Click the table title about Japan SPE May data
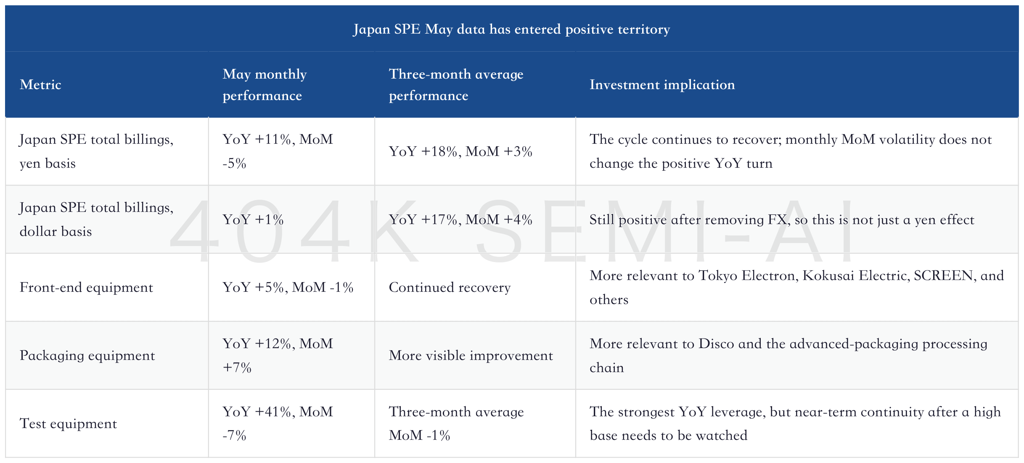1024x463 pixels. click(511, 29)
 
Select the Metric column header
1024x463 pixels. click(40, 85)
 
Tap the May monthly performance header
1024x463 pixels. click(265, 85)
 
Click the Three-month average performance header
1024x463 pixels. click(456, 85)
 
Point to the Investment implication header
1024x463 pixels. click(662, 85)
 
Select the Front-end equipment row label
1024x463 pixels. click(86, 287)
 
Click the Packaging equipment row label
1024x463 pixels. click(87, 355)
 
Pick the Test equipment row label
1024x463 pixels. click(68, 423)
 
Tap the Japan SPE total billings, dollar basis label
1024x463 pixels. click(96, 219)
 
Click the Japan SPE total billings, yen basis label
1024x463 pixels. click(96, 151)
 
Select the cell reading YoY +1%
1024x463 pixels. click(253, 220)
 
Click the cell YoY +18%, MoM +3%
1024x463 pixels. click(460, 151)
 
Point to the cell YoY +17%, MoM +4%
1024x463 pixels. click(460, 220)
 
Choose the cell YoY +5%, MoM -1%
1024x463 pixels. click(288, 287)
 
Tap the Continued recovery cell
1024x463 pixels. click(450, 287)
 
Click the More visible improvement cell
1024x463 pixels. click(471, 355)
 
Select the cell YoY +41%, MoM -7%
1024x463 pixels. click(278, 423)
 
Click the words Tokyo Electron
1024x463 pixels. click(747, 275)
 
